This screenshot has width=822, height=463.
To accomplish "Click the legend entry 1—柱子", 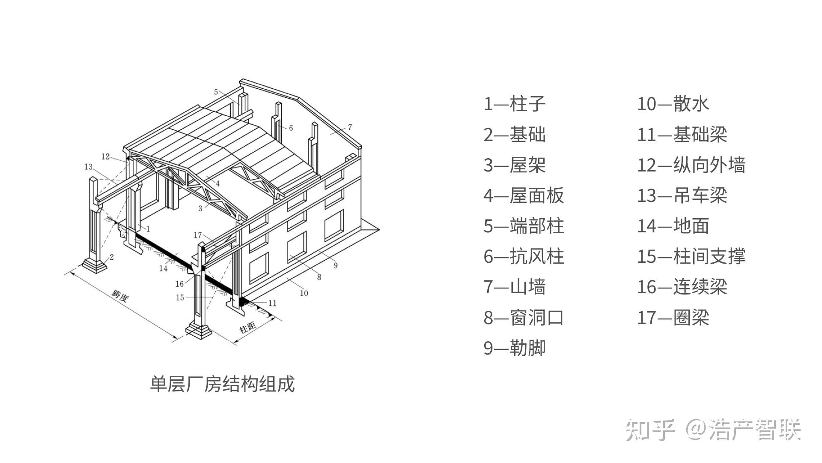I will (514, 104).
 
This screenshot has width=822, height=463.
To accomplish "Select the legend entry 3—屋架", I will (514, 165).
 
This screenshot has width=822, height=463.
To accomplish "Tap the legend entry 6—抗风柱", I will (524, 256).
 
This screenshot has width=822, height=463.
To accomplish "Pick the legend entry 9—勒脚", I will (514, 348).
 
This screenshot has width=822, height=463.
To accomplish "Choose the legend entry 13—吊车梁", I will (682, 195).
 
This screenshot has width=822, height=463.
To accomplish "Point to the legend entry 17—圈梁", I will (673, 318).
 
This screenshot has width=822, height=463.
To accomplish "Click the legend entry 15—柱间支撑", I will (691, 256).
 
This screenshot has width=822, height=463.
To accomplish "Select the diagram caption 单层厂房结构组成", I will (222, 384).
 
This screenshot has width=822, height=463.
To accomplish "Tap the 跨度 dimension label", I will (119, 296).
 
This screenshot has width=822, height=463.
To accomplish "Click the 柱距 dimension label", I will (247, 328).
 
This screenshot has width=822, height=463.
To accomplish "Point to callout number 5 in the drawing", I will (216, 91).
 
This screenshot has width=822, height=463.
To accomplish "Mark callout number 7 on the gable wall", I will (350, 127).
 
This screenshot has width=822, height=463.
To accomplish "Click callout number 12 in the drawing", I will (105, 156).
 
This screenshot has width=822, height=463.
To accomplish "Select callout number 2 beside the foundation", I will (112, 257).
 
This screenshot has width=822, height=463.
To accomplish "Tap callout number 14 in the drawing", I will (163, 268).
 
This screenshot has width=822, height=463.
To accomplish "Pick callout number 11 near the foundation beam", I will (272, 303).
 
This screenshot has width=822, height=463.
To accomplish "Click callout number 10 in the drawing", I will (304, 293).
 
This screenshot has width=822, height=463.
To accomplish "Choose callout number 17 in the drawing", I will (197, 235).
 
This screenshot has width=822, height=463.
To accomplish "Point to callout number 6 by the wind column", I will (291, 128).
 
